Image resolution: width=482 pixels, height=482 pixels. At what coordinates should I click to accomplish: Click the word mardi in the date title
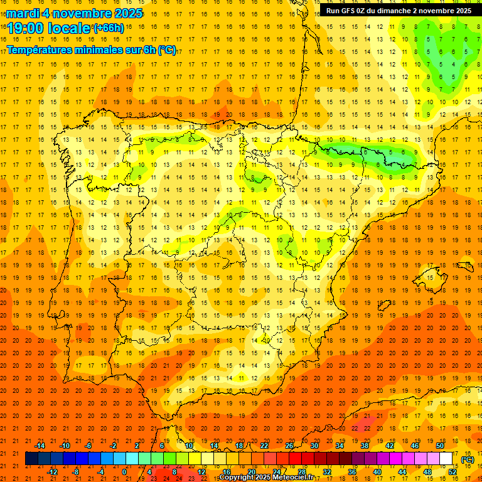pyautogui.click(x=25, y=13)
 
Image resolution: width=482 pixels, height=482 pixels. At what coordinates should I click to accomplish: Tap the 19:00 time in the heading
pyautogui.click(x=26, y=28)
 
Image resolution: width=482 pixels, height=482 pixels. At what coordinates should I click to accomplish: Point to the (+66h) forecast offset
pyautogui.click(x=108, y=28)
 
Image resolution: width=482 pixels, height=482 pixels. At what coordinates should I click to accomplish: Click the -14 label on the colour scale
pyautogui.click(x=40, y=446)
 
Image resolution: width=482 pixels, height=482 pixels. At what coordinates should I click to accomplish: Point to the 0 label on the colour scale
pyautogui.click(x=124, y=472)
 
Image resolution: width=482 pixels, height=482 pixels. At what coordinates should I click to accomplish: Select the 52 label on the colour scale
pyautogui.click(x=453, y=472)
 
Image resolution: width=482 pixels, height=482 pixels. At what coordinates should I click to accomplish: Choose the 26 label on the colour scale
pyautogui.click(x=289, y=446)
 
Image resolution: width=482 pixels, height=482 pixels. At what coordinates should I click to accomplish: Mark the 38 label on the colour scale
pyautogui.click(x=365, y=446)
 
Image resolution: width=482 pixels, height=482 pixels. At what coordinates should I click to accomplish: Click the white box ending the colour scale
pyautogui.click(x=446, y=459)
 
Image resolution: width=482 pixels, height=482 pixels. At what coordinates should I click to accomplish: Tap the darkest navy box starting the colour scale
pyautogui.click(x=31, y=459)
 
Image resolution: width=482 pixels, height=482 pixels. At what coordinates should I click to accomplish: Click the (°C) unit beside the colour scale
pyautogui.click(x=468, y=459)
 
